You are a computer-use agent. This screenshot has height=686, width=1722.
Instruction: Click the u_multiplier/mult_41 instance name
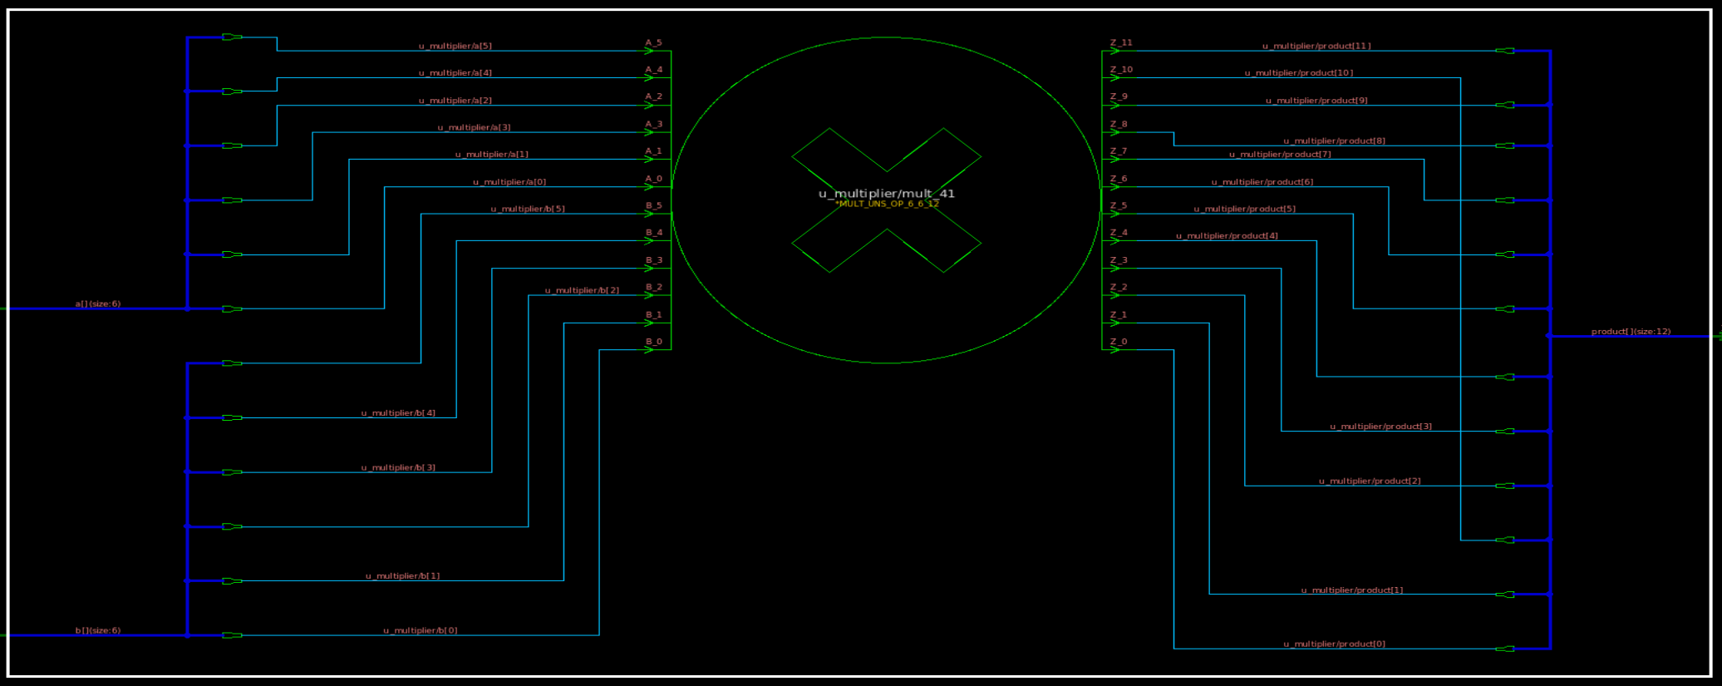click(886, 194)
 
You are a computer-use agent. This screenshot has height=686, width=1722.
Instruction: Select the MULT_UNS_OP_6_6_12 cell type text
click(888, 204)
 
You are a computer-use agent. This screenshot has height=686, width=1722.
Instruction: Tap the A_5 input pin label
click(653, 42)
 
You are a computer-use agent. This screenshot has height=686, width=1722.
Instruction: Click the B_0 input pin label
click(653, 342)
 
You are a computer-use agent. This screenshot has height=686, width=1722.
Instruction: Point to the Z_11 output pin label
click(1121, 42)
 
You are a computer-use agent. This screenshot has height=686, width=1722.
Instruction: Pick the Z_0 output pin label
click(1119, 342)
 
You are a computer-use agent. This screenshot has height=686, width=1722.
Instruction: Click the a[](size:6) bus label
click(98, 304)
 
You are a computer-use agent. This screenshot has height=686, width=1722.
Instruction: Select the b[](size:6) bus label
click(98, 630)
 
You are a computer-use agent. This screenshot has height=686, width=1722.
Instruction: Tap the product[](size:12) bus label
click(1631, 332)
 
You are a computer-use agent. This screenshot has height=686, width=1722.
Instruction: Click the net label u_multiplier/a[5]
click(455, 46)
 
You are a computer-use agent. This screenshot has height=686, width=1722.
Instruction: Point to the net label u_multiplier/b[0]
click(420, 630)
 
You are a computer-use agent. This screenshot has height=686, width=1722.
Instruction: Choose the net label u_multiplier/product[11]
click(1316, 46)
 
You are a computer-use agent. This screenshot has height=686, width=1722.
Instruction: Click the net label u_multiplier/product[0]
click(1334, 644)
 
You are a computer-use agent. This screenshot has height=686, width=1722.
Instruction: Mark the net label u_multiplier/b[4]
click(398, 412)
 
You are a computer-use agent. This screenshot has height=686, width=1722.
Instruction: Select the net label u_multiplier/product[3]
click(1380, 427)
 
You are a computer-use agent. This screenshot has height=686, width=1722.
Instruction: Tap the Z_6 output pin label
click(1119, 179)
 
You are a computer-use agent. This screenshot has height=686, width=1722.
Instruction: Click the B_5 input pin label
click(653, 205)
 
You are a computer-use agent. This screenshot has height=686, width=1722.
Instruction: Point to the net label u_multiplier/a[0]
click(509, 182)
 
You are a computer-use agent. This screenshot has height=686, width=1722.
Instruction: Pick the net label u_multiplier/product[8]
click(1334, 141)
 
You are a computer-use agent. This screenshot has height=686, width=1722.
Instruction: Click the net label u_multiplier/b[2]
click(582, 290)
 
